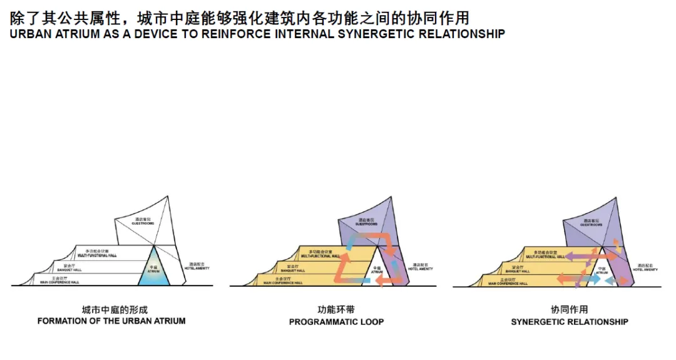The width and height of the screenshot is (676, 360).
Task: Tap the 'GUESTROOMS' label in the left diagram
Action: [143, 223]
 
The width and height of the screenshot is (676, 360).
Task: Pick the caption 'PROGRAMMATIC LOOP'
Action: [336, 322]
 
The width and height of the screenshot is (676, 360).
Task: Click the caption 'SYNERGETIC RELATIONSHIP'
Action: [569, 322]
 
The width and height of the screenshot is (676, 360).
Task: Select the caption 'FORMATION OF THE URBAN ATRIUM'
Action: [111, 321]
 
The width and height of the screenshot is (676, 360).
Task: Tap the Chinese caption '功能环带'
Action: [337, 309]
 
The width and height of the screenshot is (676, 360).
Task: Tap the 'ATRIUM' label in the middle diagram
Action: [376, 272]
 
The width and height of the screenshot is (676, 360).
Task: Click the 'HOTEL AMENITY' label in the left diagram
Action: [197, 268]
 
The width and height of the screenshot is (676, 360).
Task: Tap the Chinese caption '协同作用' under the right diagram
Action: [569, 309]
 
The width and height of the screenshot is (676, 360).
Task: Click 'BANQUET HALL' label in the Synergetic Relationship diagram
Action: [517, 271]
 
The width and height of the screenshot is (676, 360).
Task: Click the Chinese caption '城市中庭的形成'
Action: [111, 309]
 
